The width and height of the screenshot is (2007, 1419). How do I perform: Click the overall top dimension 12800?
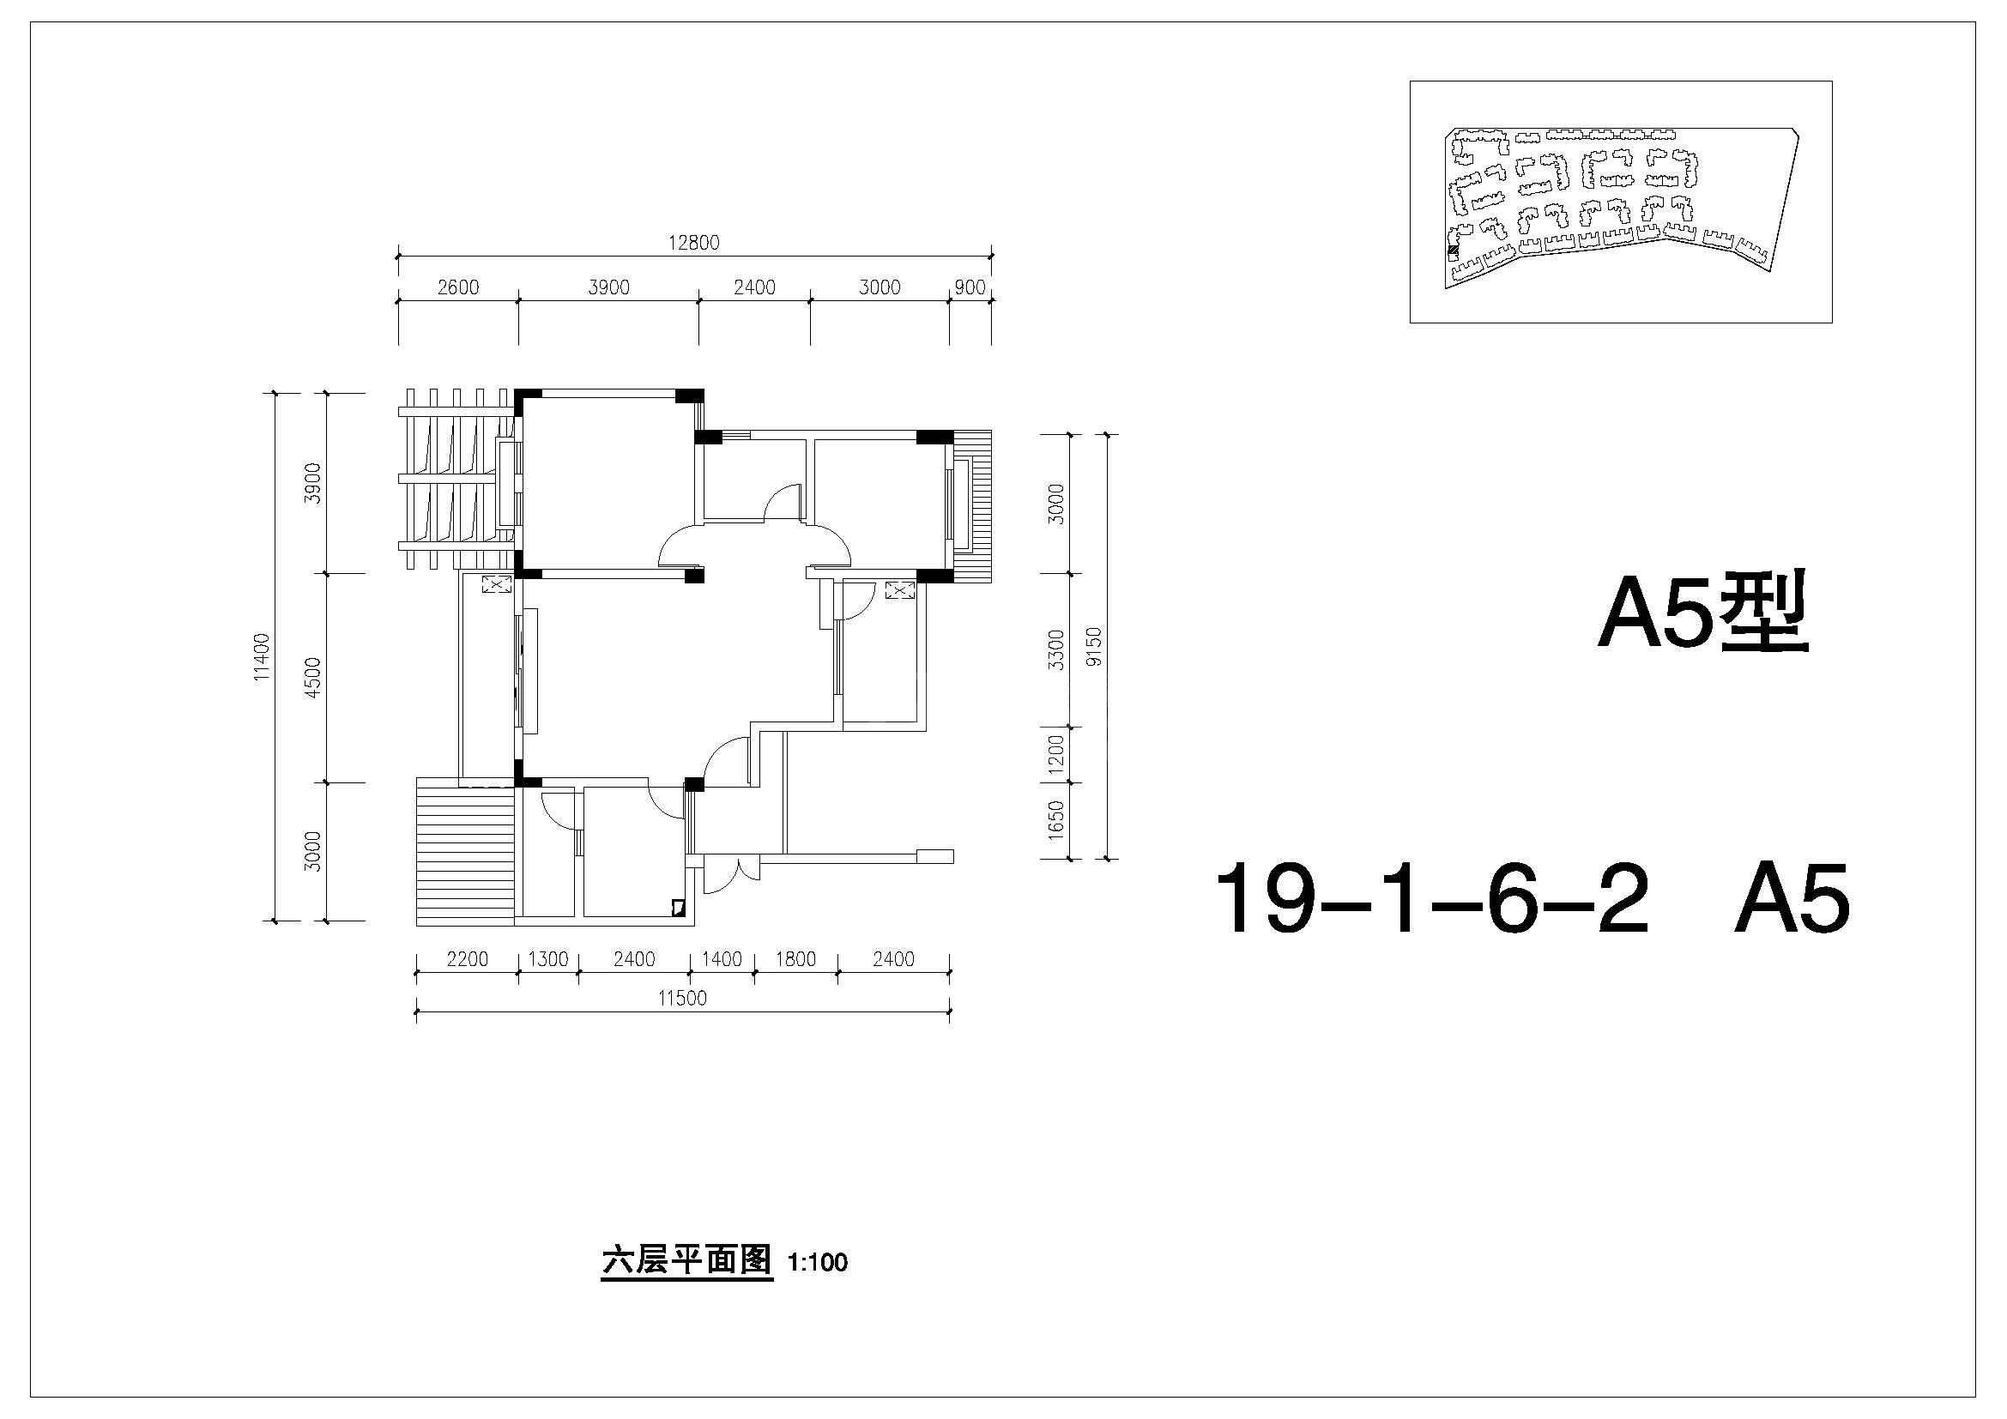coord(694,243)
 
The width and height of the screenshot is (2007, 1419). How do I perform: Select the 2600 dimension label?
coord(458,287)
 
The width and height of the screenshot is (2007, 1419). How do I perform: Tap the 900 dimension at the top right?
coord(970,287)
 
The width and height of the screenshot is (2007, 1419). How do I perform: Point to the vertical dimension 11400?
coord(263,657)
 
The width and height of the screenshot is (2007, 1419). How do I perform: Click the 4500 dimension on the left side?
coord(314,677)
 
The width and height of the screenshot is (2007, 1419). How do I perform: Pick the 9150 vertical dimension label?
coord(1093,647)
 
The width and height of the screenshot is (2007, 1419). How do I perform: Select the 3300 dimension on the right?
coord(1057,650)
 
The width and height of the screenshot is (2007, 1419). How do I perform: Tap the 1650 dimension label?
coord(1057,820)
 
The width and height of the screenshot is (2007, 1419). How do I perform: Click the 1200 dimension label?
coord(1057,755)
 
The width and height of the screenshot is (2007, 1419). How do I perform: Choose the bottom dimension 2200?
coord(468,959)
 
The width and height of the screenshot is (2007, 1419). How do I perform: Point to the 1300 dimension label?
coord(548,959)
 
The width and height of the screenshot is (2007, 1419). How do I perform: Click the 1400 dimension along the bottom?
coord(721,959)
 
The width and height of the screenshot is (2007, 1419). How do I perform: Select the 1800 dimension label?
coord(795,959)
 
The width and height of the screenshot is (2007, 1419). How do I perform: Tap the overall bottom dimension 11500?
coord(682,999)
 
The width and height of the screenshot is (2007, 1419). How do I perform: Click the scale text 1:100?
coord(818,1263)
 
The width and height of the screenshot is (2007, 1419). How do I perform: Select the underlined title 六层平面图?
coord(687,1261)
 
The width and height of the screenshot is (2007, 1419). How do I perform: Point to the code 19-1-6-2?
coord(1431,897)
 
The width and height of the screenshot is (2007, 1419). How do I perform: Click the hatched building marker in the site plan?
coord(1454,252)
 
